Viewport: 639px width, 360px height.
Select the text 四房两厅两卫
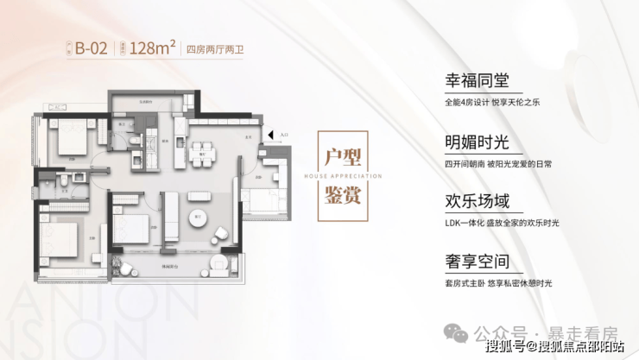(x=215, y=49)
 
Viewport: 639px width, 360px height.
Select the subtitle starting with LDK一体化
(x=497, y=223)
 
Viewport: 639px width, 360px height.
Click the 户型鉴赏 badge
(x=339, y=178)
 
